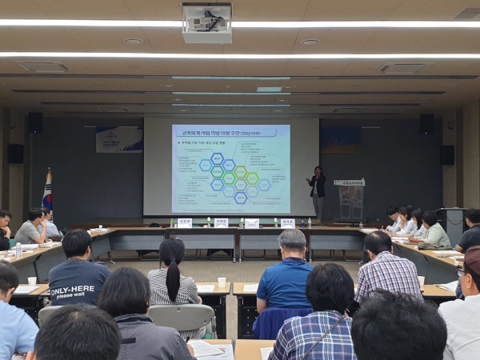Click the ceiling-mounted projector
coord(206,22)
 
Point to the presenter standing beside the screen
coord(318,192)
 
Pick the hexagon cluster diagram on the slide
coord(232,178)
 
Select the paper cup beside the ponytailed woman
coord(222,282)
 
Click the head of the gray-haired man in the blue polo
coord(292,242)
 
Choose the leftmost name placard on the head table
coord(184,222)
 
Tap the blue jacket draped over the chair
coord(281,320)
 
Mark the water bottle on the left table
coord(18,250)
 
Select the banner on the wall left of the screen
coord(119,139)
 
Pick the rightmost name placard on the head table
coord(287,222)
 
